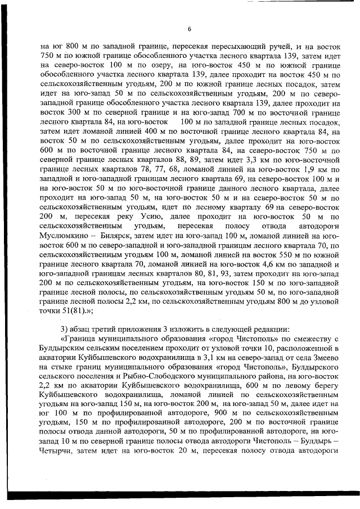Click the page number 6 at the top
point(190,29)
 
